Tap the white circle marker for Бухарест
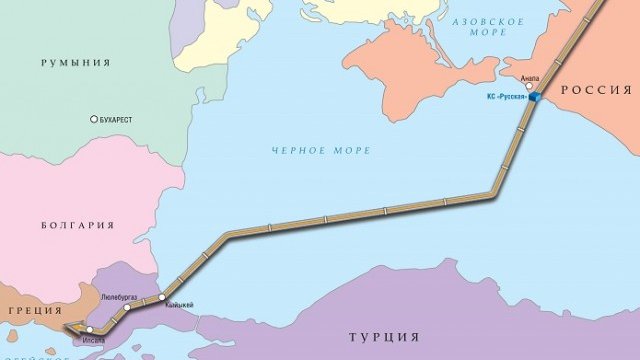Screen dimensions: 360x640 click(94, 118)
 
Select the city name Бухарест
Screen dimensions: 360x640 click(119, 118)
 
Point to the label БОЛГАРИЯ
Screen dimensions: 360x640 click(78, 226)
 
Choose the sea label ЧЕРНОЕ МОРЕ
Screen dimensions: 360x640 click(320, 150)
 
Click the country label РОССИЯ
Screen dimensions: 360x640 click(597, 90)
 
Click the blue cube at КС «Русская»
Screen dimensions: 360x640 click(535, 96)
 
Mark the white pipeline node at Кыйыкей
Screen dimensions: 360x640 click(161, 297)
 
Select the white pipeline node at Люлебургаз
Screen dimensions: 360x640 click(127, 308)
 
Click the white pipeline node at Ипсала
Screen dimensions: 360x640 click(90, 329)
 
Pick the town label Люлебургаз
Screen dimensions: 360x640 click(124, 297)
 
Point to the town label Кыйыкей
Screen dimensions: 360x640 click(178, 305)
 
